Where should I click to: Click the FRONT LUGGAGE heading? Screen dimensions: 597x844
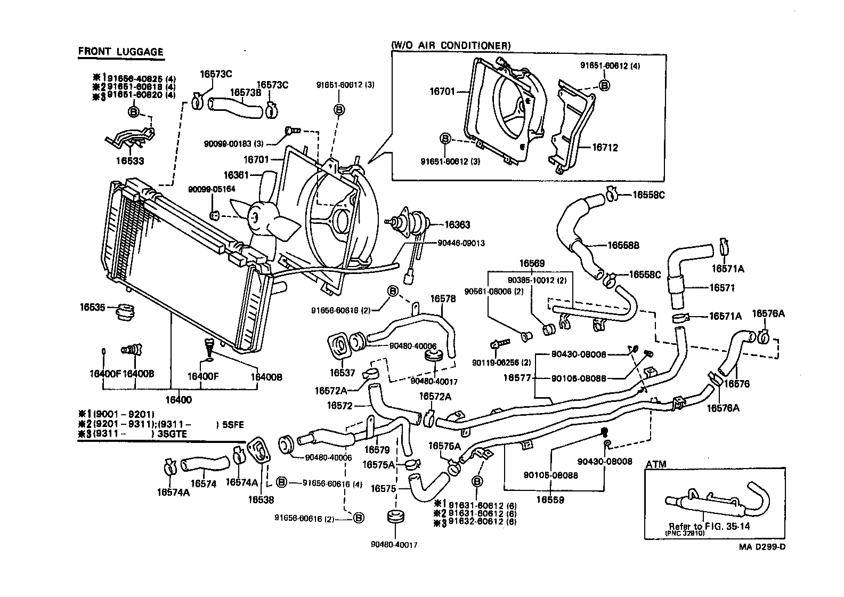[x=120, y=52]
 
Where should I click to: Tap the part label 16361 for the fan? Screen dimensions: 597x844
[x=237, y=175]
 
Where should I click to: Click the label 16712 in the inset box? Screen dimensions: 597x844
[x=605, y=148]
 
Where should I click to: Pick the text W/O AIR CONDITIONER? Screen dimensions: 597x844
[x=451, y=46]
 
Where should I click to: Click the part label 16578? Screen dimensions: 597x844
[x=443, y=299]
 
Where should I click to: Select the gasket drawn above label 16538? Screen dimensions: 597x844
[x=261, y=454]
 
